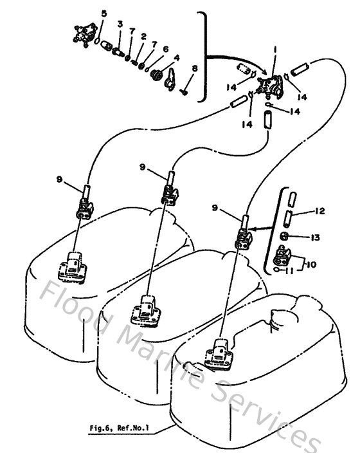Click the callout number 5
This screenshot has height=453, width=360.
[x=105, y=14]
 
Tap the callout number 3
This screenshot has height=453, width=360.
[x=120, y=24]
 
